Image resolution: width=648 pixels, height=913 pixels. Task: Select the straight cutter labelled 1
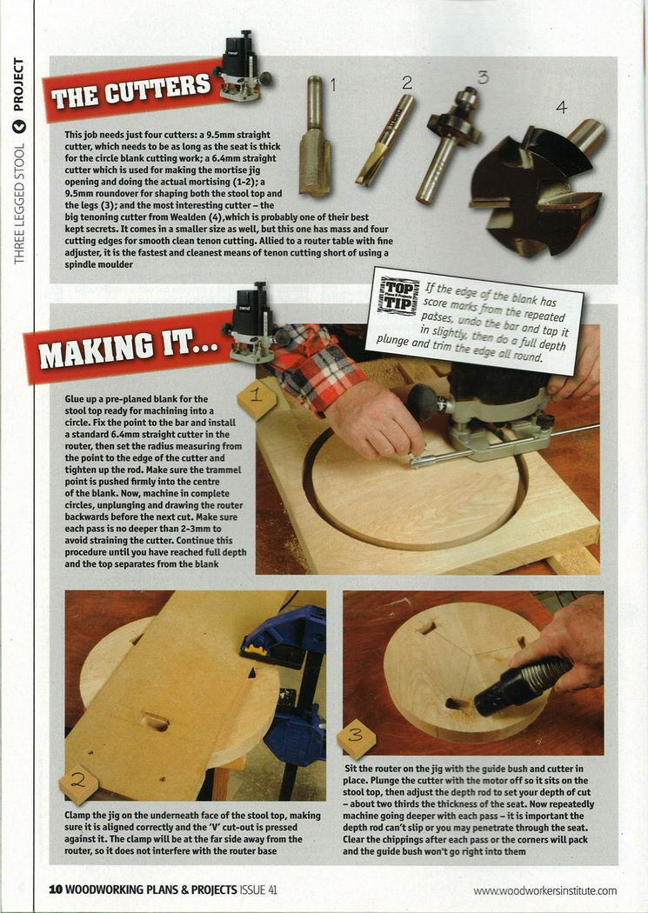pos(315,137)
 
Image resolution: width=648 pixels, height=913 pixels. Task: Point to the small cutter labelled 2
pos(384,140)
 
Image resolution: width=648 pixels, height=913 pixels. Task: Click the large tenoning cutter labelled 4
pos(536,186)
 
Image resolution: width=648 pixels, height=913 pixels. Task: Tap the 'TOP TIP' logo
pos(399,297)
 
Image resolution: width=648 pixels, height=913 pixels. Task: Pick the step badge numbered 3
pos(356,737)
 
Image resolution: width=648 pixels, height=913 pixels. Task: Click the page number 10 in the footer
pos(56,890)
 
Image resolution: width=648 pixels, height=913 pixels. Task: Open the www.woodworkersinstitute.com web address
pos(545,891)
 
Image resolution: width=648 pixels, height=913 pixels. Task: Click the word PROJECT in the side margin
pos(18,84)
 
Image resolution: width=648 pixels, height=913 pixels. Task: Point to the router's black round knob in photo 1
pos(422,402)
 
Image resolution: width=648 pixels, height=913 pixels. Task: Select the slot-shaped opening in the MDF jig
pos(154,722)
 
